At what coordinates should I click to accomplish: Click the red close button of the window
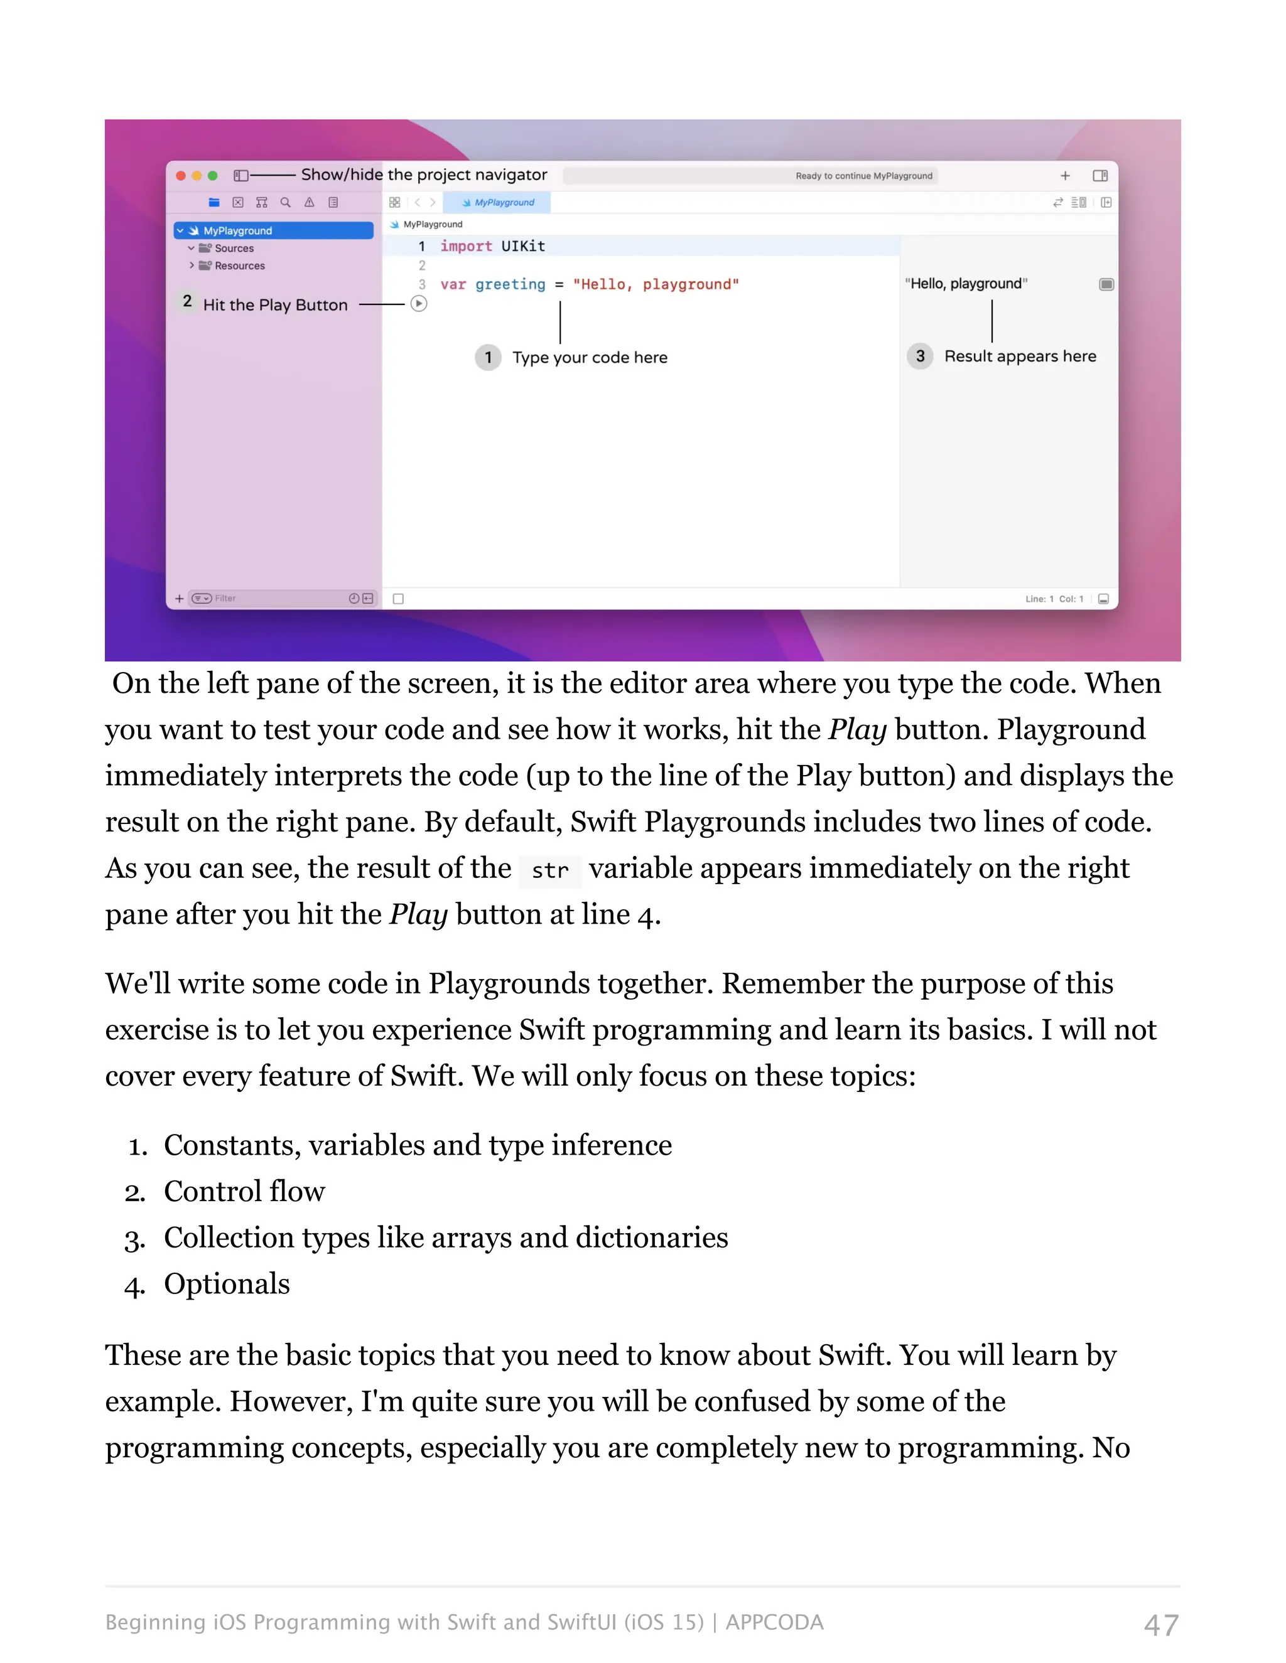click(x=181, y=176)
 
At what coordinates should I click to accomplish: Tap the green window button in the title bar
click(x=213, y=176)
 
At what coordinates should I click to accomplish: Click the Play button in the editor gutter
click(x=419, y=304)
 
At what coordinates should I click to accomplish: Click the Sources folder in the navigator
click(x=234, y=249)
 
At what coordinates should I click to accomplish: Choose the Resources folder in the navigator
click(x=239, y=265)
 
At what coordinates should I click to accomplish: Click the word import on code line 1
click(x=467, y=246)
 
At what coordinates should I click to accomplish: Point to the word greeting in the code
click(x=510, y=284)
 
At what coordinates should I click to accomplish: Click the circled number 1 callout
click(x=489, y=357)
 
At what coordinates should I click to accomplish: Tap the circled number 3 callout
click(x=921, y=356)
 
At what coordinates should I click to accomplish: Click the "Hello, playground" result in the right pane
click(x=966, y=283)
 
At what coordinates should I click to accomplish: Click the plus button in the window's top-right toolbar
click(x=1065, y=176)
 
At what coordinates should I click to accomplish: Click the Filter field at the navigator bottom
click(x=259, y=599)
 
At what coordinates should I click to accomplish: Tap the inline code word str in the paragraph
click(x=550, y=870)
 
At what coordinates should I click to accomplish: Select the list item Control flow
click(x=244, y=1192)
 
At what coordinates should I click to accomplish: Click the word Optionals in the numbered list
click(x=227, y=1284)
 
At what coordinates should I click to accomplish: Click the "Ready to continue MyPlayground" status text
click(x=864, y=176)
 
